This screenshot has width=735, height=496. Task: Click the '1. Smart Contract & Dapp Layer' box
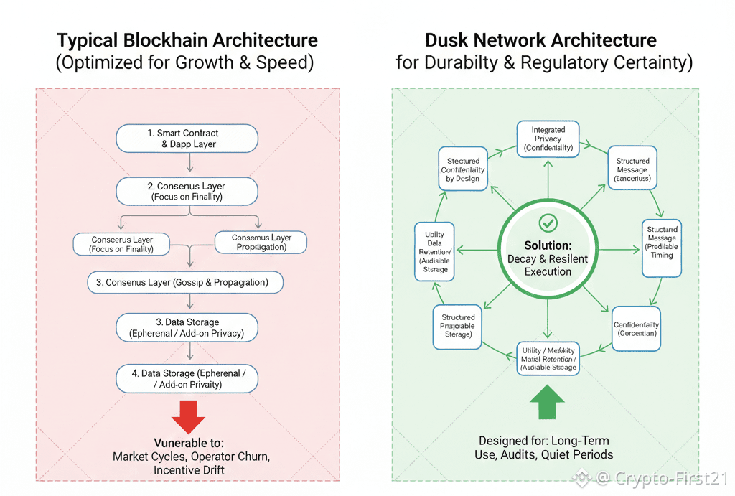click(187, 139)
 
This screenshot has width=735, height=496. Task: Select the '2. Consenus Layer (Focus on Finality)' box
click(187, 191)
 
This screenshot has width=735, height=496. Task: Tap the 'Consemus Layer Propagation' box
click(261, 243)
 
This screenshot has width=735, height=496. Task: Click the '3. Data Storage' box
click(187, 327)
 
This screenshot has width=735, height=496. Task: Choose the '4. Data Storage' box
click(187, 379)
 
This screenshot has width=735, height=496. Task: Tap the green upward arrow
click(547, 403)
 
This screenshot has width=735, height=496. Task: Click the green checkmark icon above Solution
click(548, 222)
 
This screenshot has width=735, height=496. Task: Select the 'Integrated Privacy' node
click(548, 139)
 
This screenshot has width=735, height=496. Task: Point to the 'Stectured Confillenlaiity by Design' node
click(463, 170)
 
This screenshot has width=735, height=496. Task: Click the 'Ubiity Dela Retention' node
click(434, 252)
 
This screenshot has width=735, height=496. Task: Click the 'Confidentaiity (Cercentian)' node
click(636, 329)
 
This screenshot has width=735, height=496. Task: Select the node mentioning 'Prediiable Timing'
click(661, 242)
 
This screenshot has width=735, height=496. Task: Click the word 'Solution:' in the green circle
click(547, 245)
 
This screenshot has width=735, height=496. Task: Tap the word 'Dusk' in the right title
click(451, 40)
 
